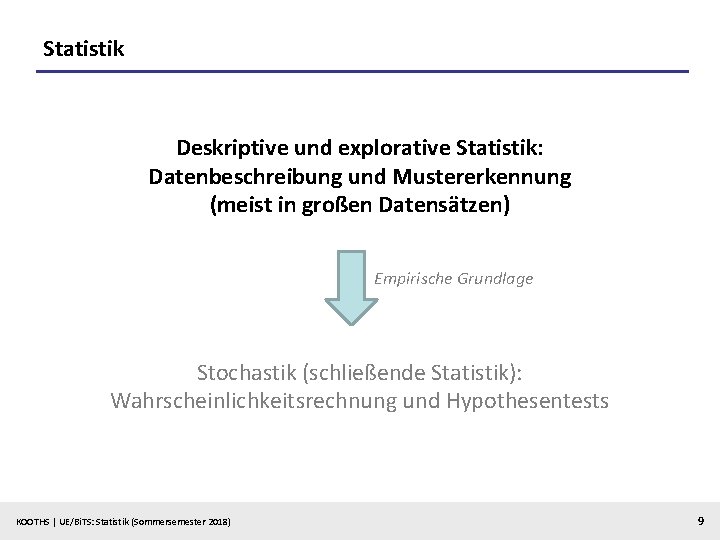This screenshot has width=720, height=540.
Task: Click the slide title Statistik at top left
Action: click(84, 47)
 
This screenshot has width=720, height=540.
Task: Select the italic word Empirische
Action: click(413, 279)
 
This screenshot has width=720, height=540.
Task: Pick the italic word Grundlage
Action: click(495, 279)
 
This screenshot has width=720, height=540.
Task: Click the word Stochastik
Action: click(246, 373)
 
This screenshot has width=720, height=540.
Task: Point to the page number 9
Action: click(699, 520)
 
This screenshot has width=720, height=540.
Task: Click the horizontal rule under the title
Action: click(362, 71)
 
